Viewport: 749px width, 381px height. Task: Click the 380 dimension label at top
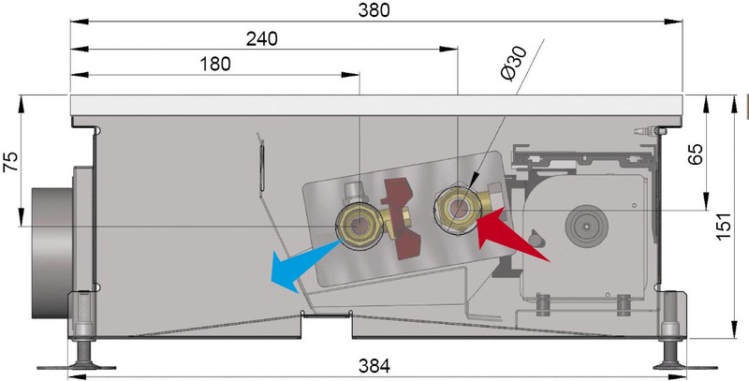tap(374, 10)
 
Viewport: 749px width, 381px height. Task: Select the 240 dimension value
tap(261, 39)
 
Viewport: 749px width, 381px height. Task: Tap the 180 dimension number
tap(215, 64)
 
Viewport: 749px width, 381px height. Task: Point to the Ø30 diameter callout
tap(513, 64)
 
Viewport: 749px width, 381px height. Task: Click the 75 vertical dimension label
tap(11, 161)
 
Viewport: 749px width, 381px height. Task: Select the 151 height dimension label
tap(723, 227)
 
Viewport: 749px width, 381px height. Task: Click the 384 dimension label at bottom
tap(374, 366)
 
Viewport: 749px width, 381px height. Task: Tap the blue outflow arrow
tap(300, 265)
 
